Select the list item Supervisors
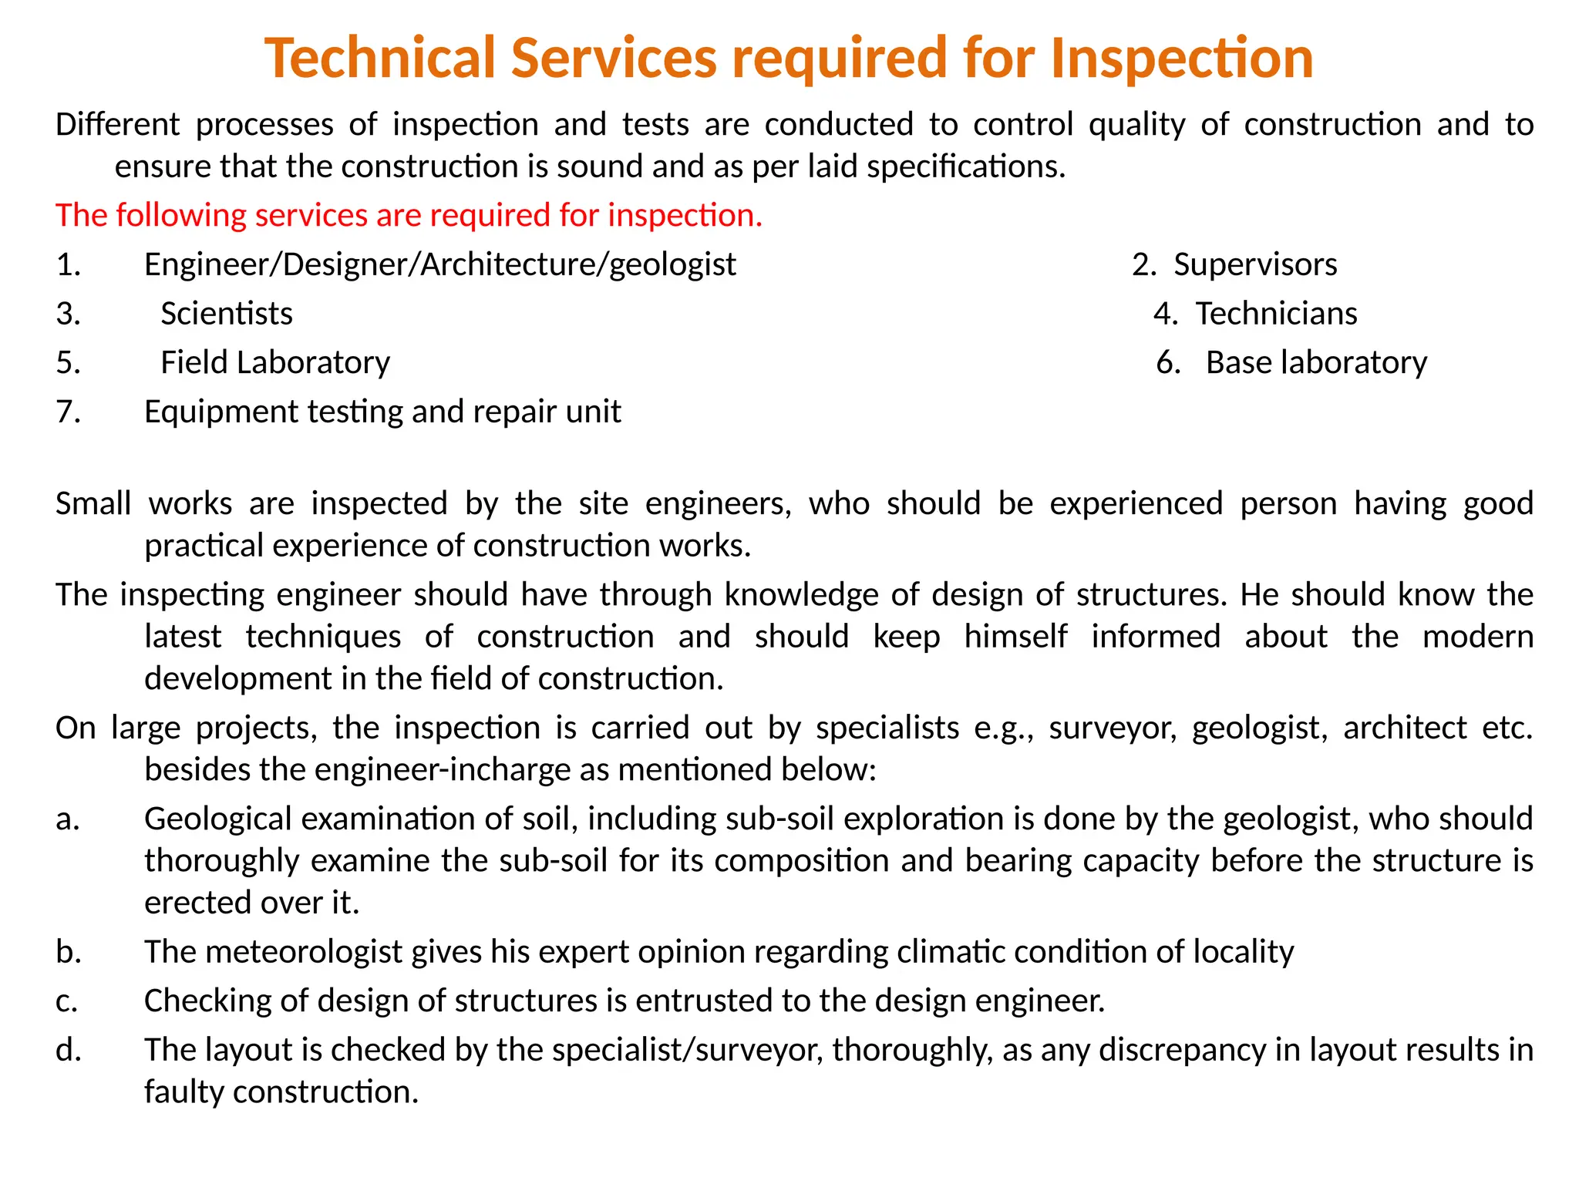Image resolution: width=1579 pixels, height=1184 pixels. pyautogui.click(x=1255, y=264)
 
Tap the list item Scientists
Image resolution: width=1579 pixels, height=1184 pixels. pyautogui.click(x=227, y=314)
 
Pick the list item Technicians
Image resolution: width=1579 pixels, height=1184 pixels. pyautogui.click(x=1276, y=314)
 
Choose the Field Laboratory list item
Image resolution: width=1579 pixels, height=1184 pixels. pyautogui.click(x=275, y=362)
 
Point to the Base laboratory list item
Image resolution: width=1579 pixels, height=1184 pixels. pyautogui.click(x=1316, y=362)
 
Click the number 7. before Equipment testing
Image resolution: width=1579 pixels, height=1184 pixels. pyautogui.click(x=68, y=412)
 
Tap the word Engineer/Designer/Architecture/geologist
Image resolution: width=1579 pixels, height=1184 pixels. pyautogui.click(x=440, y=264)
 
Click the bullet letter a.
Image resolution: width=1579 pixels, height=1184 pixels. pyautogui.click(x=68, y=819)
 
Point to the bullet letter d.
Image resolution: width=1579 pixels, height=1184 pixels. pyautogui.click(x=68, y=1050)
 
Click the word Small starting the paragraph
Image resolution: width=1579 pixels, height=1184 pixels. pyautogui.click(x=93, y=503)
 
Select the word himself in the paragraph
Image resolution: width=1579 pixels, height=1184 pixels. pyautogui.click(x=1015, y=637)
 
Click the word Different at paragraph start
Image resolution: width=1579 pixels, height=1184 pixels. pyautogui.click(x=117, y=125)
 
